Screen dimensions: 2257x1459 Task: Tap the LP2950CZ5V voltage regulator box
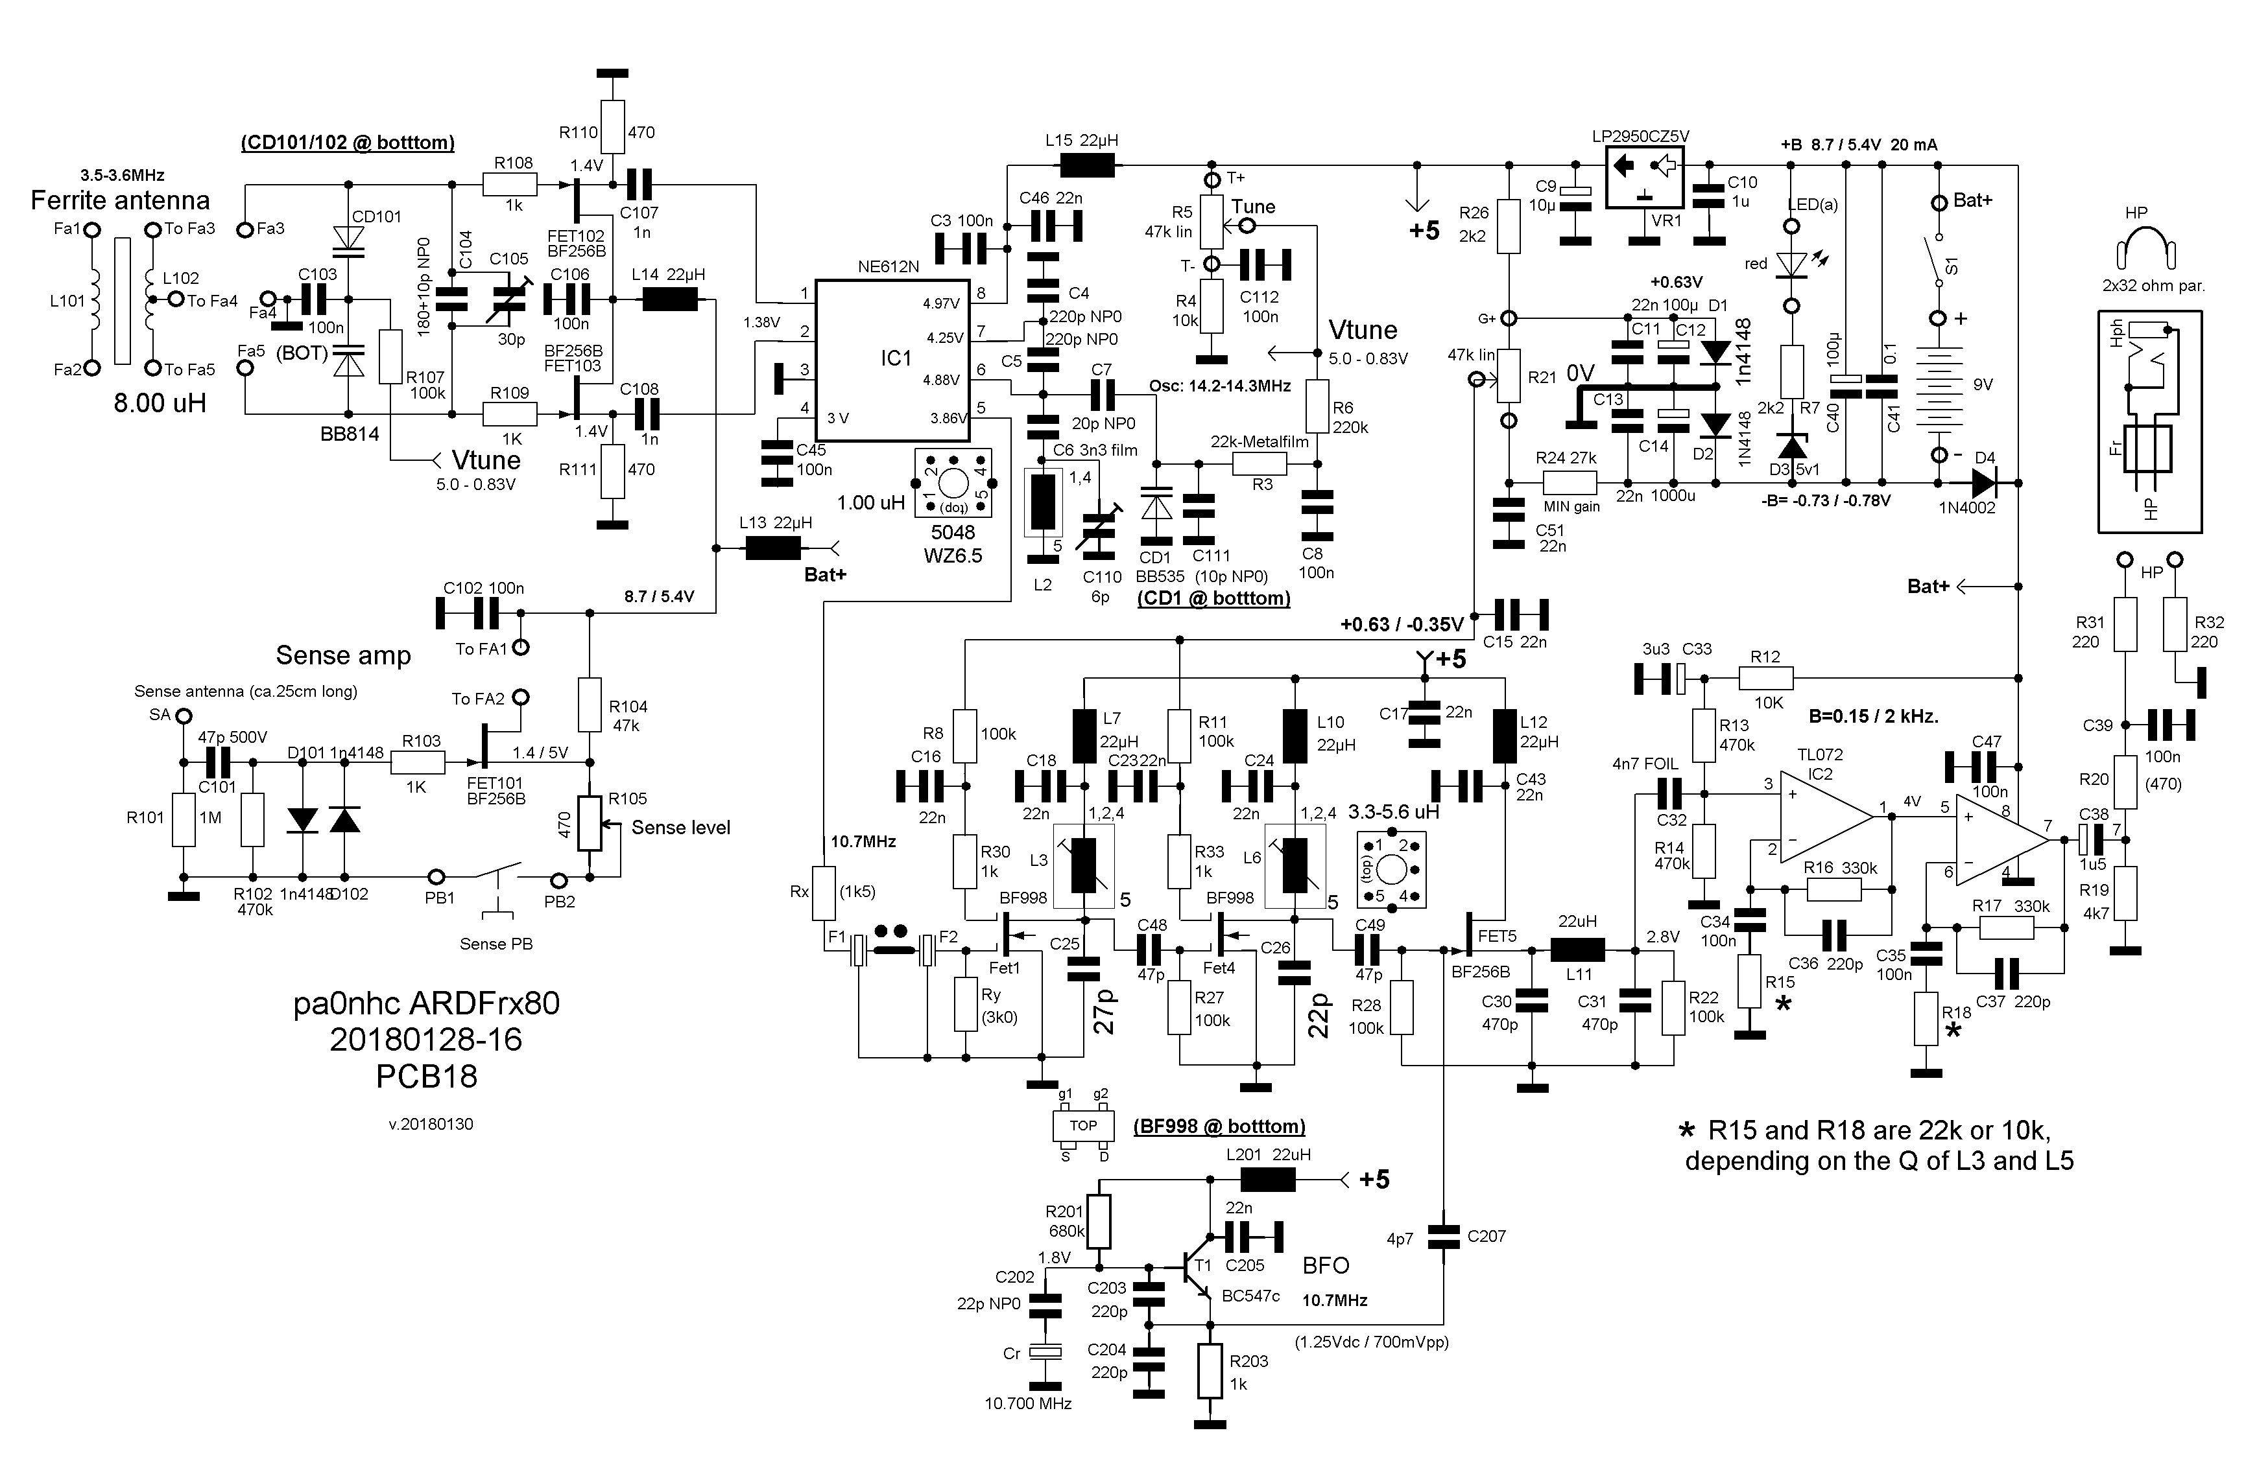(x=1643, y=177)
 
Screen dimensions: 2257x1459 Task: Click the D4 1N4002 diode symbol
(x=1984, y=483)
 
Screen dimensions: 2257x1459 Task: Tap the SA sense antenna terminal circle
(x=183, y=716)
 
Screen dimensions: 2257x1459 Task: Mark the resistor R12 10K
(x=1765, y=677)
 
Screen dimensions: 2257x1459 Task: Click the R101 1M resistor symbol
(x=183, y=819)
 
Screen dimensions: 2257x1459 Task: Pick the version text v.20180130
(x=431, y=1125)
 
